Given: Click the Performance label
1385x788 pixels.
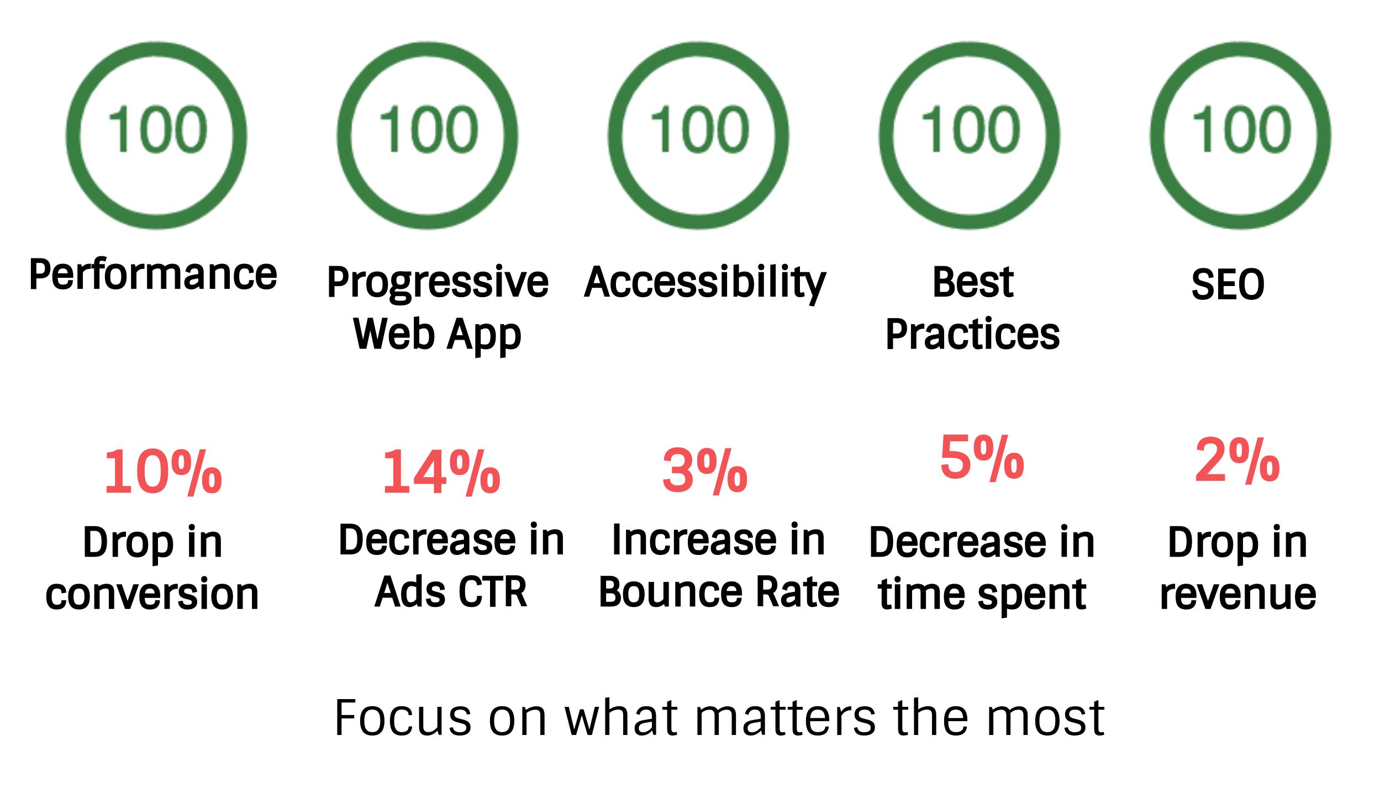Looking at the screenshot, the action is click(153, 274).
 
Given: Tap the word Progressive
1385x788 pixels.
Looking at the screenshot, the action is click(438, 283).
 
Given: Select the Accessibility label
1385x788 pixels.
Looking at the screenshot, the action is click(705, 283).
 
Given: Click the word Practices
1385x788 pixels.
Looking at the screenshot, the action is click(972, 334).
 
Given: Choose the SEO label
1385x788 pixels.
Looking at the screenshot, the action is click(1228, 285).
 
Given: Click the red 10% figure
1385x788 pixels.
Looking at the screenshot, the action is click(163, 472).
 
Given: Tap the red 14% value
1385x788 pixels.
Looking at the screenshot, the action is click(441, 472).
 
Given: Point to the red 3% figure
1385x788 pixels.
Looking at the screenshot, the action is click(705, 470).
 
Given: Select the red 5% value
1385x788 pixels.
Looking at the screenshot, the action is click(982, 457).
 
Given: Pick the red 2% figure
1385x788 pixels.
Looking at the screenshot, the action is click(1237, 460).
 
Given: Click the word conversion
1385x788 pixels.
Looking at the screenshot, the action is click(152, 595).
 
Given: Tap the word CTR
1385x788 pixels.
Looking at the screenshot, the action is click(493, 592).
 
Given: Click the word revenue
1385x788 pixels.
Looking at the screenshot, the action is click(1238, 595).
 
